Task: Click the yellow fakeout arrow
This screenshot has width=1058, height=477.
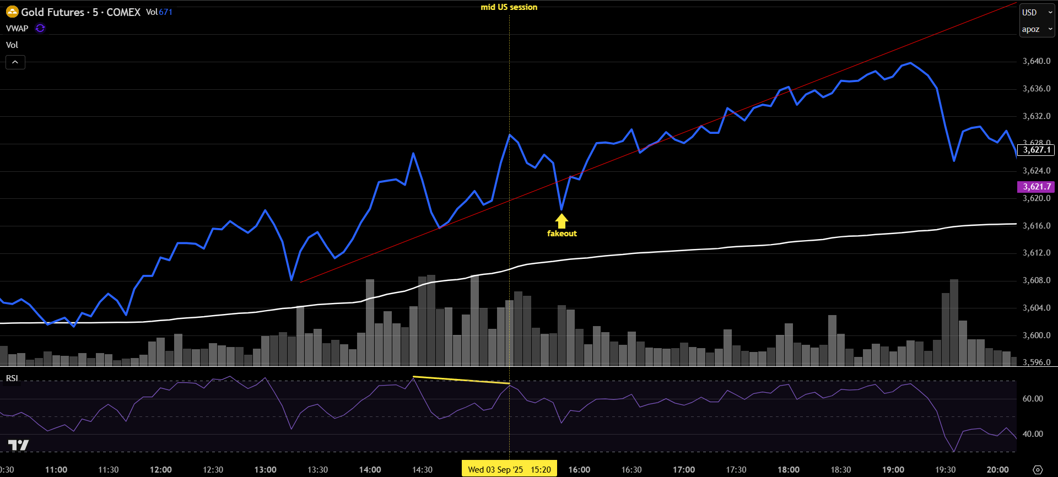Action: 562,221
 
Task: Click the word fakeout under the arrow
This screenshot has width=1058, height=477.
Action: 562,234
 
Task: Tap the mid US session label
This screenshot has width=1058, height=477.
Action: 509,7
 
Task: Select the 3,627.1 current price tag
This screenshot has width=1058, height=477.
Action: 1036,150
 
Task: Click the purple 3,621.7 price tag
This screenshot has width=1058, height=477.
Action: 1036,187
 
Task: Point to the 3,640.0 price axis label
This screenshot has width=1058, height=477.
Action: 1036,61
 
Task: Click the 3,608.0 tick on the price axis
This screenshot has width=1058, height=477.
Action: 1036,280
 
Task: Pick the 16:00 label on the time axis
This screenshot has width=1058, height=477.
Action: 579,469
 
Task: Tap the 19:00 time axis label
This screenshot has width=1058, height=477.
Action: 893,469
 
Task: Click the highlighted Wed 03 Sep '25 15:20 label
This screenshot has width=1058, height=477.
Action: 509,469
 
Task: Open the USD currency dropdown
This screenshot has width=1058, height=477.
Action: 1037,12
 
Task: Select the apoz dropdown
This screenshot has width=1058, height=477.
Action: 1037,29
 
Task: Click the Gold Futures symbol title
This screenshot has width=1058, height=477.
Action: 80,12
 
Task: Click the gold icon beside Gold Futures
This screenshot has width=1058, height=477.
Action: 12,12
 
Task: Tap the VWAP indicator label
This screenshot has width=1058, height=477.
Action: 17,29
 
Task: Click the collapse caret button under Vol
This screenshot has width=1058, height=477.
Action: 15,62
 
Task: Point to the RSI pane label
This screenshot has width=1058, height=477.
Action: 12,378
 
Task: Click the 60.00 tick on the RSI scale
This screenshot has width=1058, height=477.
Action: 1032,399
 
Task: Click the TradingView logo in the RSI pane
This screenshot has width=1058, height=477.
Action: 18,445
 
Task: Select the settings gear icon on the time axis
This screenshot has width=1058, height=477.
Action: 1037,470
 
